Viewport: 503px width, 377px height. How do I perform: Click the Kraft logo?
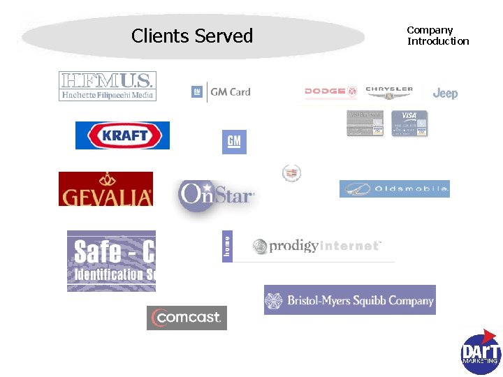[x=122, y=135]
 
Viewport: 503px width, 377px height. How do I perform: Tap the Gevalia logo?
[x=105, y=189]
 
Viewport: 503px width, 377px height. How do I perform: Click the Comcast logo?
[x=187, y=318]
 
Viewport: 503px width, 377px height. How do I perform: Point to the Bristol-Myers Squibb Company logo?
[x=349, y=300]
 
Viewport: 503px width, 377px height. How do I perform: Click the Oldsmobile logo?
[x=395, y=189]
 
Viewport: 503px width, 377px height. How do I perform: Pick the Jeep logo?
[x=445, y=94]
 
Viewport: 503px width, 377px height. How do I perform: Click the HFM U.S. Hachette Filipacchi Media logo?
[x=107, y=87]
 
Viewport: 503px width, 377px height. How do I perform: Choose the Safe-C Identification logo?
[x=111, y=260]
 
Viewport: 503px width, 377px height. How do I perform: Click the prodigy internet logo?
[x=317, y=246]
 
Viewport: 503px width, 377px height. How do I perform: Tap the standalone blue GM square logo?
[x=234, y=142]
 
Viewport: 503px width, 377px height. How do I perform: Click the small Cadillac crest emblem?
[x=291, y=173]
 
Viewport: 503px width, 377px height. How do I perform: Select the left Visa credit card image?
[x=365, y=123]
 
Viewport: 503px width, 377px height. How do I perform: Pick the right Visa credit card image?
[x=409, y=123]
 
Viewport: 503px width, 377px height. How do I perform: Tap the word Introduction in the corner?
[x=438, y=41]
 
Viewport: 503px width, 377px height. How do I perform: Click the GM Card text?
[x=231, y=91]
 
